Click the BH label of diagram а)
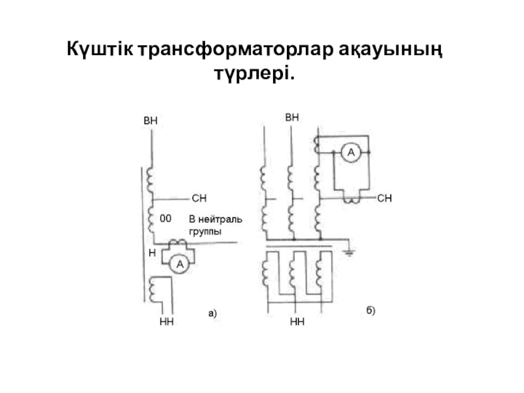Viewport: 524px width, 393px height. pyautogui.click(x=151, y=121)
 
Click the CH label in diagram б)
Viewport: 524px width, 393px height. pyautogui.click(x=385, y=197)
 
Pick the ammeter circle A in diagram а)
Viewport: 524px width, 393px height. pyautogui.click(x=176, y=263)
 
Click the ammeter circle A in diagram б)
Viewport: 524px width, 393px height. pyautogui.click(x=350, y=153)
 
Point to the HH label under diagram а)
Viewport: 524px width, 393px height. pyautogui.click(x=166, y=323)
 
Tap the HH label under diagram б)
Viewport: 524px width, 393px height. pyautogui.click(x=297, y=323)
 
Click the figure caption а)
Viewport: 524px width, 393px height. pyautogui.click(x=212, y=314)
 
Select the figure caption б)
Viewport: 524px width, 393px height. pyautogui.click(x=370, y=310)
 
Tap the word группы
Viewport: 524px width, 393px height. pyautogui.click(x=205, y=232)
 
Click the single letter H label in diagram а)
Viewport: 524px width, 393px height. pyautogui.click(x=151, y=252)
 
